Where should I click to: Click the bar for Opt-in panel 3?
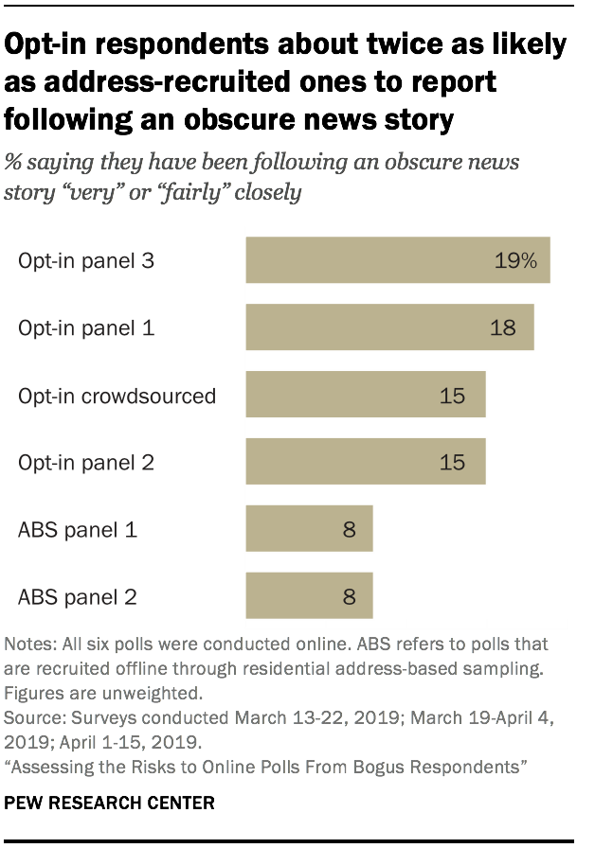coord(398,260)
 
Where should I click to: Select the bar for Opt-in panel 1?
coord(389,327)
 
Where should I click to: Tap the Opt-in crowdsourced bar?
coord(366,395)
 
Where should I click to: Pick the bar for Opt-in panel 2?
coord(366,462)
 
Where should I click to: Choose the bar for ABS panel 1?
coord(309,529)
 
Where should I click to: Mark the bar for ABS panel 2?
coord(309,596)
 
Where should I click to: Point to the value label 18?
coord(503,328)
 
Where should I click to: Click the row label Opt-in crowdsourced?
coord(117,396)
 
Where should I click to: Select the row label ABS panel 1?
coord(78,530)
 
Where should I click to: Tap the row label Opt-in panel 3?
coord(85,261)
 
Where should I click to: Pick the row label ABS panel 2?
coord(78,597)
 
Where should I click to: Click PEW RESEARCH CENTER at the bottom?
coord(109,803)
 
